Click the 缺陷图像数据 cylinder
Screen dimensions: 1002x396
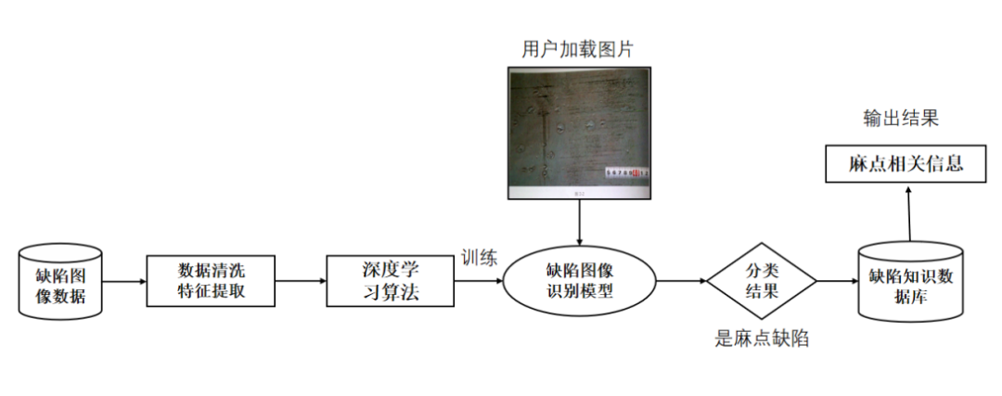[x=59, y=281]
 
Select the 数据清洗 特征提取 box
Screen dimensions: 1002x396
[x=212, y=281]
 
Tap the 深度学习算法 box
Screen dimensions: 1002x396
[x=391, y=281]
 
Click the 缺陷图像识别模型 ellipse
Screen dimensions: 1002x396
[x=579, y=281]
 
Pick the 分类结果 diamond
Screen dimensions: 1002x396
[x=762, y=281]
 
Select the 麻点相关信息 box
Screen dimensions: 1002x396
[x=905, y=165]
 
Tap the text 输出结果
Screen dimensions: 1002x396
[x=901, y=118]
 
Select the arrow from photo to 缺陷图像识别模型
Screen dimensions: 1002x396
[x=579, y=219]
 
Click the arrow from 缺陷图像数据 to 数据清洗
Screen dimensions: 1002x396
[x=123, y=281]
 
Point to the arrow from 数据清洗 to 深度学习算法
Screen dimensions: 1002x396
[x=301, y=281]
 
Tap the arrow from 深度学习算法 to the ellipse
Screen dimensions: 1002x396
[x=479, y=281]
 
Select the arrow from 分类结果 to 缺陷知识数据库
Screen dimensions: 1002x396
[x=837, y=281]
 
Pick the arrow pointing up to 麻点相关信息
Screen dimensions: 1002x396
[x=909, y=211]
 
